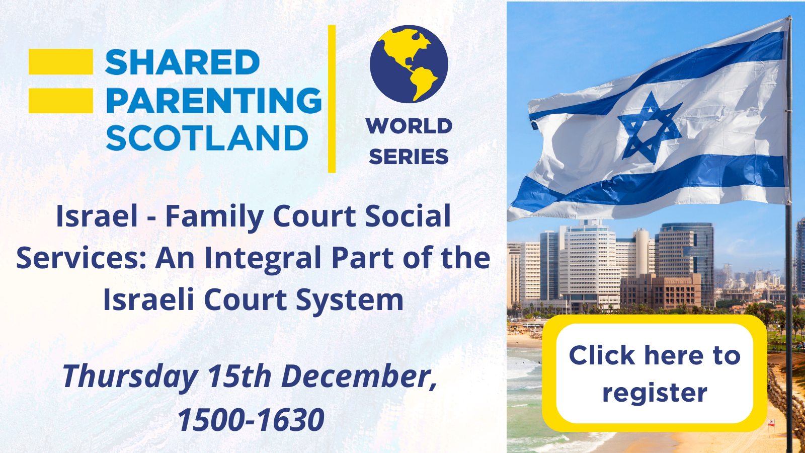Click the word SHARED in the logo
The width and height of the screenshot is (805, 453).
[x=182, y=62]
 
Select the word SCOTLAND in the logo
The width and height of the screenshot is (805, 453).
[x=207, y=138]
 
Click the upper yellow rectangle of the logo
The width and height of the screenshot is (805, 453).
[x=61, y=62]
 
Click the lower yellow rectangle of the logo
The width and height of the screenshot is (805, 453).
[x=61, y=101]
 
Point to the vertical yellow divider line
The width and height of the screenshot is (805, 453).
[x=332, y=99]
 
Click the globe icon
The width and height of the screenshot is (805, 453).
[x=409, y=64]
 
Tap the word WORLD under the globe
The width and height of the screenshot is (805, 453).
[x=409, y=126]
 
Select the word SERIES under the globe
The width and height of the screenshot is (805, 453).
[x=409, y=157]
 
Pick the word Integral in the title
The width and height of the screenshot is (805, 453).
[x=263, y=259]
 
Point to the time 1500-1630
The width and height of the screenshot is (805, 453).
[x=251, y=420]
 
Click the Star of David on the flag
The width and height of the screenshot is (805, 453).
[x=650, y=128]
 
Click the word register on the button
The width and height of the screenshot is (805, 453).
[x=655, y=393]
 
